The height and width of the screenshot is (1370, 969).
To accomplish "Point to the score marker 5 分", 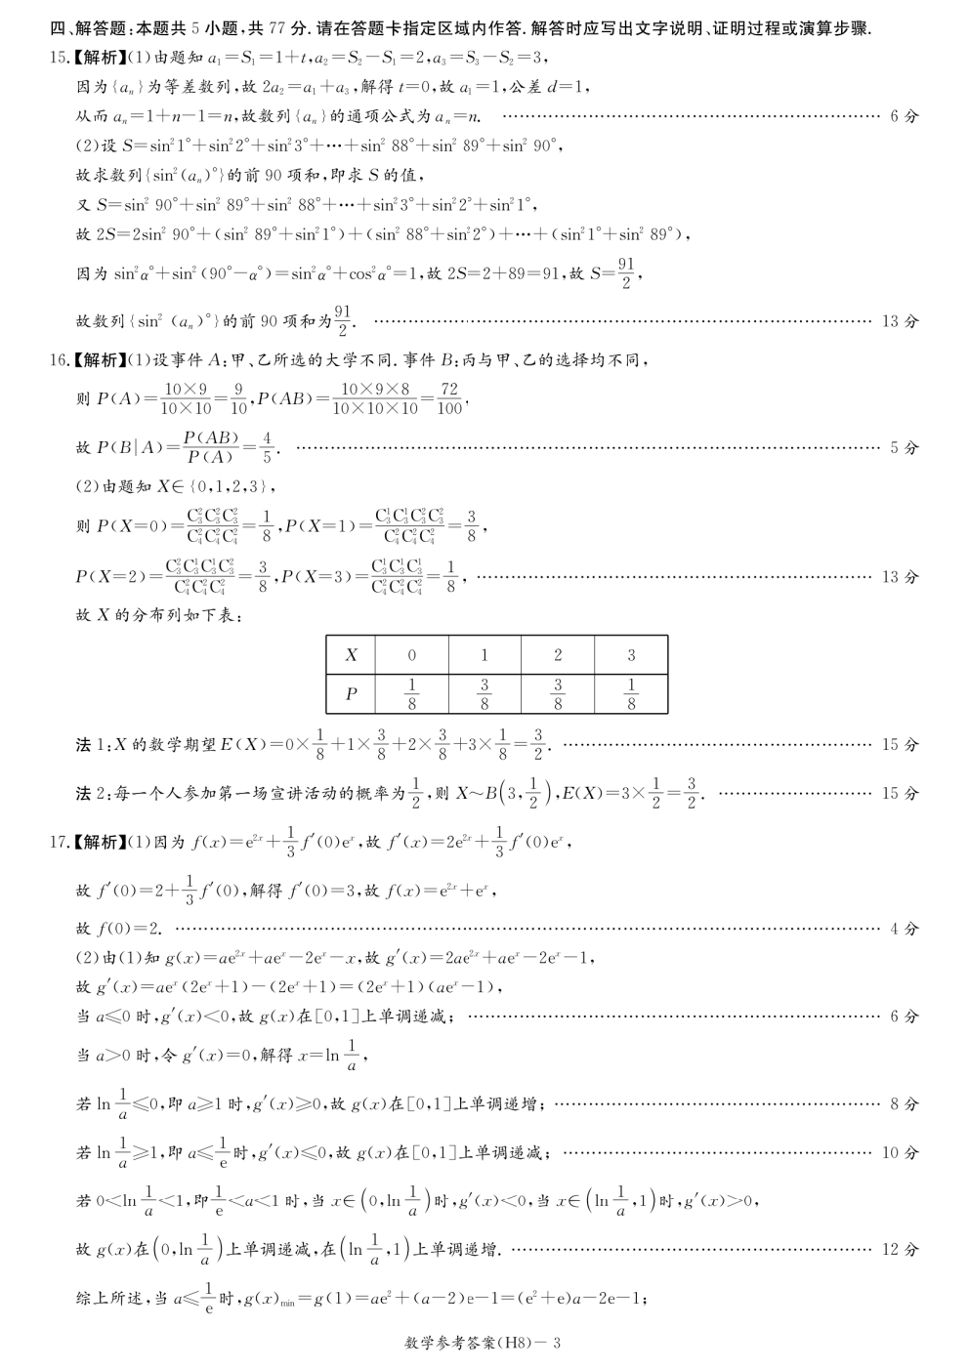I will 904,448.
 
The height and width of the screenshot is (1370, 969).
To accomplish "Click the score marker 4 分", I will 904,929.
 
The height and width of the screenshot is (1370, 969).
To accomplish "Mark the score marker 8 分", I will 904,1104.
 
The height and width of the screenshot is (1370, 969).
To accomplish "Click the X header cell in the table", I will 352,655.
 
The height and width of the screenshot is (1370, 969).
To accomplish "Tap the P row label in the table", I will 352,693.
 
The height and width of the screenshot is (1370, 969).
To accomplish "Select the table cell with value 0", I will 411,655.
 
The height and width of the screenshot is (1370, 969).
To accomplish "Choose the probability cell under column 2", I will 558,693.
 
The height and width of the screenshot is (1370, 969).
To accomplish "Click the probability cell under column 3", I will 631,693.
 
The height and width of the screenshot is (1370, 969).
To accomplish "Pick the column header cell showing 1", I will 484,655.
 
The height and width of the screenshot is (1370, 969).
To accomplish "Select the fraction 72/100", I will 449,398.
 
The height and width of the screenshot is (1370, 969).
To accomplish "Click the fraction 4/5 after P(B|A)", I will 267,448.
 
